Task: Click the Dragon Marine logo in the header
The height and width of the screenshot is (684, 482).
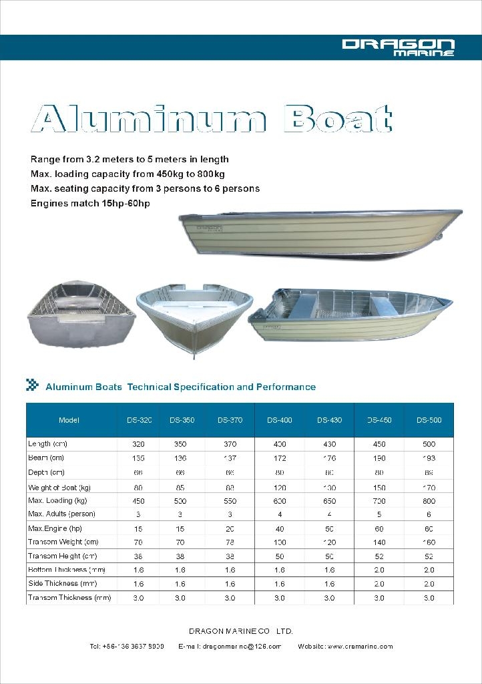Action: pyautogui.click(x=398, y=47)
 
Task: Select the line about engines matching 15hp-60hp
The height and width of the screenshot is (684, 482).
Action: pyautogui.click(x=90, y=203)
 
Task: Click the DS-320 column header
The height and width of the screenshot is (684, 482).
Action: pyautogui.click(x=140, y=420)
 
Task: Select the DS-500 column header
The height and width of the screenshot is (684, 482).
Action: pyautogui.click(x=429, y=420)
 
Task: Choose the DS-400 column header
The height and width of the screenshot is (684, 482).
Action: pyautogui.click(x=280, y=420)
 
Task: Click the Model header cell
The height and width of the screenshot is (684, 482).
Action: pyautogui.click(x=69, y=420)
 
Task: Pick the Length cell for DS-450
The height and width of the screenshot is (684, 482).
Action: pyautogui.click(x=379, y=444)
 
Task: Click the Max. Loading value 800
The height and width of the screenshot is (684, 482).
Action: pyautogui.click(x=429, y=500)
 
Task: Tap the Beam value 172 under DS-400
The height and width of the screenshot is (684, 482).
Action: pyautogui.click(x=280, y=458)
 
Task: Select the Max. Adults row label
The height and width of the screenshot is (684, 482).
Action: pyautogui.click(x=61, y=514)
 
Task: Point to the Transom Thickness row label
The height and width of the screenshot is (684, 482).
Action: pyautogui.click(x=69, y=598)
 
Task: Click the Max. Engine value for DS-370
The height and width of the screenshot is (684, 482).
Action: pyautogui.click(x=230, y=528)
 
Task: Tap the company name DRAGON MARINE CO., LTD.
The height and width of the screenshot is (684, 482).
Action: pyautogui.click(x=241, y=631)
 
